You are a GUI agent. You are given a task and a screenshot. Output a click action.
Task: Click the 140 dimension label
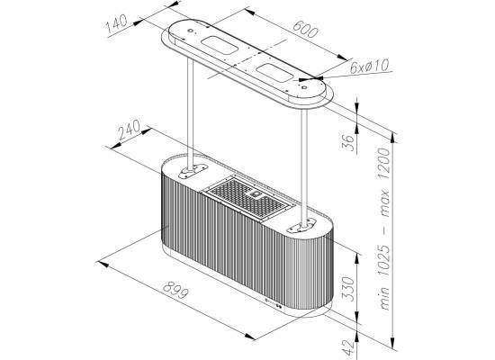pyautogui.click(x=116, y=23)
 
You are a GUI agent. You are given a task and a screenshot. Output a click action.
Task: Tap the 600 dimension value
pyautogui.click(x=305, y=29)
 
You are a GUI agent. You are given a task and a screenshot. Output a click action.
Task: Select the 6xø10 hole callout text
pyautogui.click(x=370, y=67)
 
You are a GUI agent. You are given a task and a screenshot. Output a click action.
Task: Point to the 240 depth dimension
pyautogui.click(x=129, y=130)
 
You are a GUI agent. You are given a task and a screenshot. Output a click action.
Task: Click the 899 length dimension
pyautogui.click(x=175, y=290)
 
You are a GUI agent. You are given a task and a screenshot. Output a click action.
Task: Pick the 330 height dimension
pyautogui.click(x=348, y=289)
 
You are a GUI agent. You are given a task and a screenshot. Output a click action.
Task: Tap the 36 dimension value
pyautogui.click(x=348, y=143)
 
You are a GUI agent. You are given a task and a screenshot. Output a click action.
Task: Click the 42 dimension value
pyautogui.click(x=348, y=347)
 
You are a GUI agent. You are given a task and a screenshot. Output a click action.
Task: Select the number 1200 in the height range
pyautogui.click(x=385, y=164)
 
